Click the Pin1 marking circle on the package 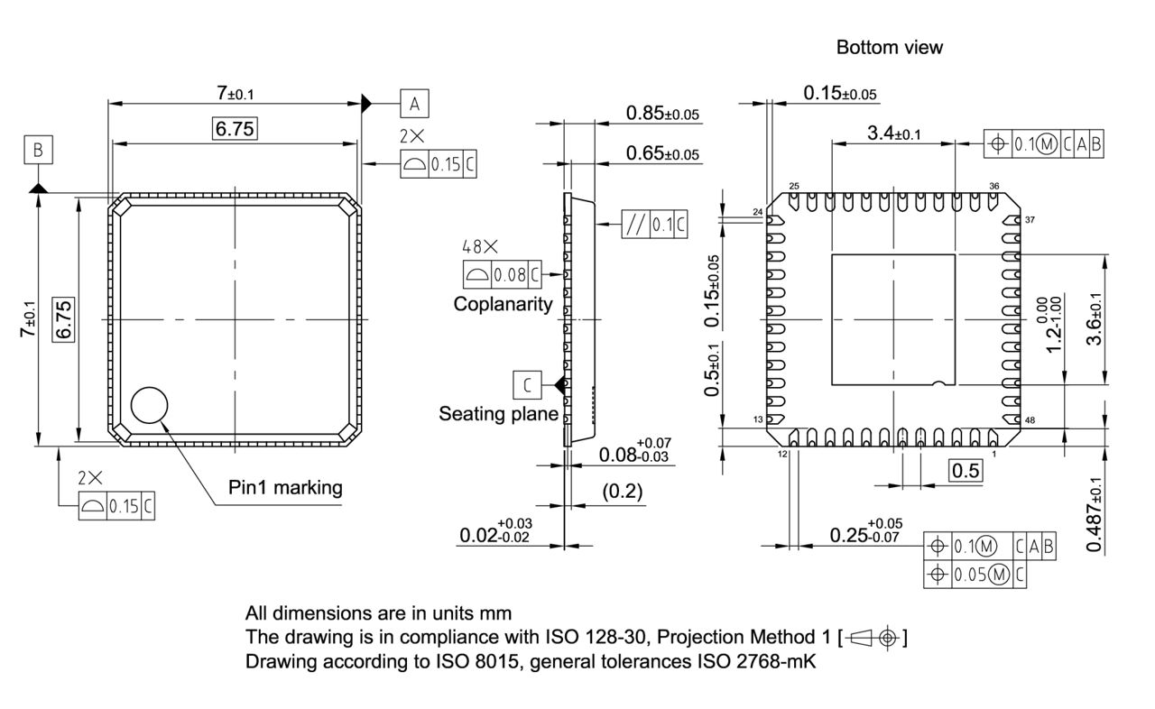(x=150, y=406)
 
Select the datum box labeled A (x=414, y=104)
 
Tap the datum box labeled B (x=39, y=150)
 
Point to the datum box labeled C (x=527, y=385)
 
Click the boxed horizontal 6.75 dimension (x=235, y=129)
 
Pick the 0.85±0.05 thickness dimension (x=662, y=114)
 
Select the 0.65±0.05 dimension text (x=662, y=154)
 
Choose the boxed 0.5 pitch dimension (x=966, y=471)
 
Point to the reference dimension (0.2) (x=623, y=492)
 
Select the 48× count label (x=480, y=246)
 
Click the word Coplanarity (x=503, y=304)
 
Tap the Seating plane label (x=498, y=414)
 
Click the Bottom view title (x=889, y=47)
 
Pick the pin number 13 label (x=758, y=420)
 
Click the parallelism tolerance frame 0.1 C (x=654, y=225)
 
